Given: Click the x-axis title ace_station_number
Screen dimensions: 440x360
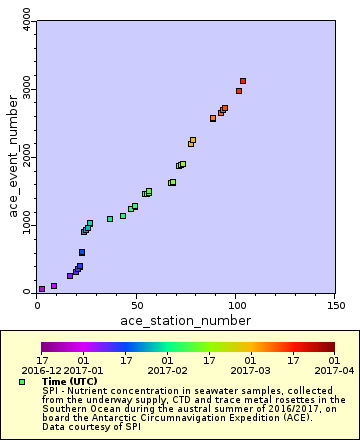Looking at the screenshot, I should tap(185, 320).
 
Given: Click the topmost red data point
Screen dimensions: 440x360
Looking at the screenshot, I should tap(243, 81).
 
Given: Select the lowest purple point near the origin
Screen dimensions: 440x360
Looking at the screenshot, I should tap(42, 289).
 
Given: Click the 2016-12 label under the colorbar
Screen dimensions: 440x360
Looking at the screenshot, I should tap(42, 369).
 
